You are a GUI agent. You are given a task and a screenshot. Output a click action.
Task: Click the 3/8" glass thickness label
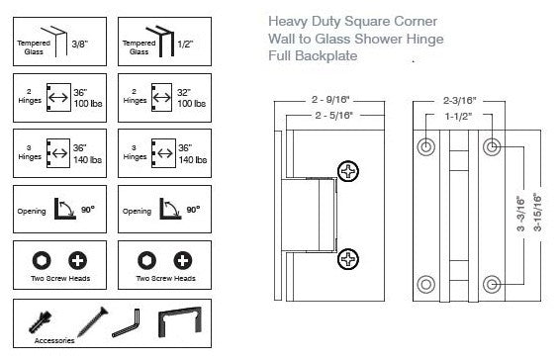(79, 45)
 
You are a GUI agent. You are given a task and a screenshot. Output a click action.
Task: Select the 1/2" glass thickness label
(185, 45)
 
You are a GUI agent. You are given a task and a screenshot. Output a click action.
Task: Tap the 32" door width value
(184, 93)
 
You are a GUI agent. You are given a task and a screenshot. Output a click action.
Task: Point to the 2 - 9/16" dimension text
(330, 100)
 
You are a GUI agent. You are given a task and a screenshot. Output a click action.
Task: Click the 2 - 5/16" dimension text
(333, 116)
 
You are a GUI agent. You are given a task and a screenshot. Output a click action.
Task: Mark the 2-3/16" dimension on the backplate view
(459, 101)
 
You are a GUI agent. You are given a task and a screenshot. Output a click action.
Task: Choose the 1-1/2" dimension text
(458, 117)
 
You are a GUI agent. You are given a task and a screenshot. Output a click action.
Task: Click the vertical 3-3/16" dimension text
(520, 214)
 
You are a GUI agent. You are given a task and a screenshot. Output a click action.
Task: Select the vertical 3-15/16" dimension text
(537, 212)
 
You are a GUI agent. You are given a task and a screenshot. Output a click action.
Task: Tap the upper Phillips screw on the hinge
(348, 171)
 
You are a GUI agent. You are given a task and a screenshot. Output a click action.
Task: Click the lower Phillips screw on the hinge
(348, 258)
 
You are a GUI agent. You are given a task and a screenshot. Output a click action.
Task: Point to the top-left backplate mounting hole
(425, 146)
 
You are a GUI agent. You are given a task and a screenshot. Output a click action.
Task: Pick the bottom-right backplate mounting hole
(492, 284)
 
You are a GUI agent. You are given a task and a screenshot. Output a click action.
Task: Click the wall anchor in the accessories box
(40, 321)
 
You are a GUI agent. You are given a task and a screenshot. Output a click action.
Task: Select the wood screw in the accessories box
(93, 321)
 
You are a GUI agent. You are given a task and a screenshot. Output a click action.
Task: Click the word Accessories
(54, 340)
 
